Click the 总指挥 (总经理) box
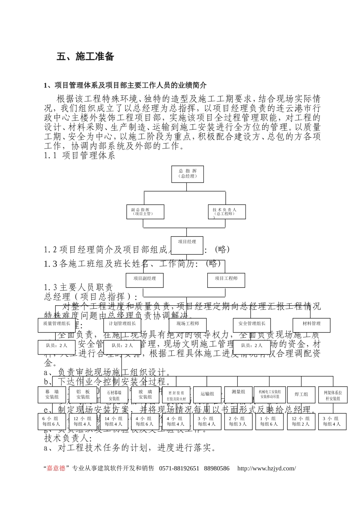(x=187, y=174)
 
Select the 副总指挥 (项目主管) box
(x=145, y=212)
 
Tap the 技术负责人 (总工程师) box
(x=227, y=212)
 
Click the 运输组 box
(x=207, y=394)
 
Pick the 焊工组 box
(x=301, y=395)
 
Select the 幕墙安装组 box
(x=52, y=394)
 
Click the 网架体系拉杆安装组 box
(x=333, y=395)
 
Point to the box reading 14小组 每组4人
(x=114, y=422)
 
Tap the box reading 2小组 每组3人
(x=238, y=422)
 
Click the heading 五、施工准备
(x=85, y=57)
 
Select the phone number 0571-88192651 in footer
(x=179, y=468)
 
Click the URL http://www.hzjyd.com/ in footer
(x=266, y=468)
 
